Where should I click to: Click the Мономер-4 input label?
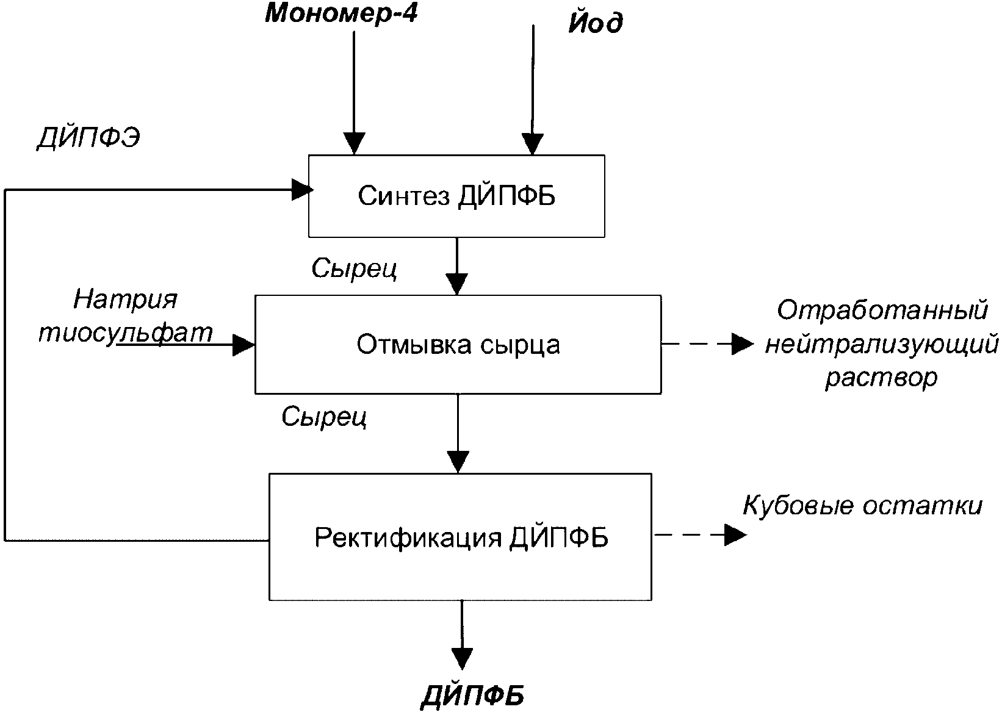341,13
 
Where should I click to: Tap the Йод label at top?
596,23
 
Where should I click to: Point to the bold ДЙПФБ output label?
473,696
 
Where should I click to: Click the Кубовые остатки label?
862,506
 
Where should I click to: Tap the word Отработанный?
882,310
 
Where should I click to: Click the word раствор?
881,378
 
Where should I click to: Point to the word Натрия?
125,299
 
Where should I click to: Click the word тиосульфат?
126,333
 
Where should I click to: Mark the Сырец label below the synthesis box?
354,268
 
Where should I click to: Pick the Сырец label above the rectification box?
324,417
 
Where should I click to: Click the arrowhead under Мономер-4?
354,143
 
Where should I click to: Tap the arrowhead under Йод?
532,144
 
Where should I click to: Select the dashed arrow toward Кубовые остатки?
700,535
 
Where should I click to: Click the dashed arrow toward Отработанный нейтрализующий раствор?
708,344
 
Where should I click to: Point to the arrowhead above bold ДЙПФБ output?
461,659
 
